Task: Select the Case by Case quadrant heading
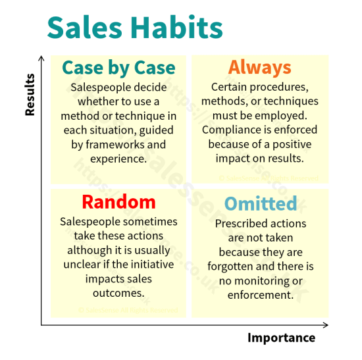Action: (x=118, y=68)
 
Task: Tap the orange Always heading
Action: (x=259, y=67)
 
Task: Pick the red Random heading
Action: (x=118, y=201)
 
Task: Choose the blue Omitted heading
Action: (x=261, y=203)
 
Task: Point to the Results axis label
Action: (x=30, y=95)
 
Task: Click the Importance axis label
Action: (x=281, y=338)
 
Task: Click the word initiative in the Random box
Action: (x=147, y=265)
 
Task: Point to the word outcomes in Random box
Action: (x=118, y=294)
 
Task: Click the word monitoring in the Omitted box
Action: (x=261, y=281)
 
